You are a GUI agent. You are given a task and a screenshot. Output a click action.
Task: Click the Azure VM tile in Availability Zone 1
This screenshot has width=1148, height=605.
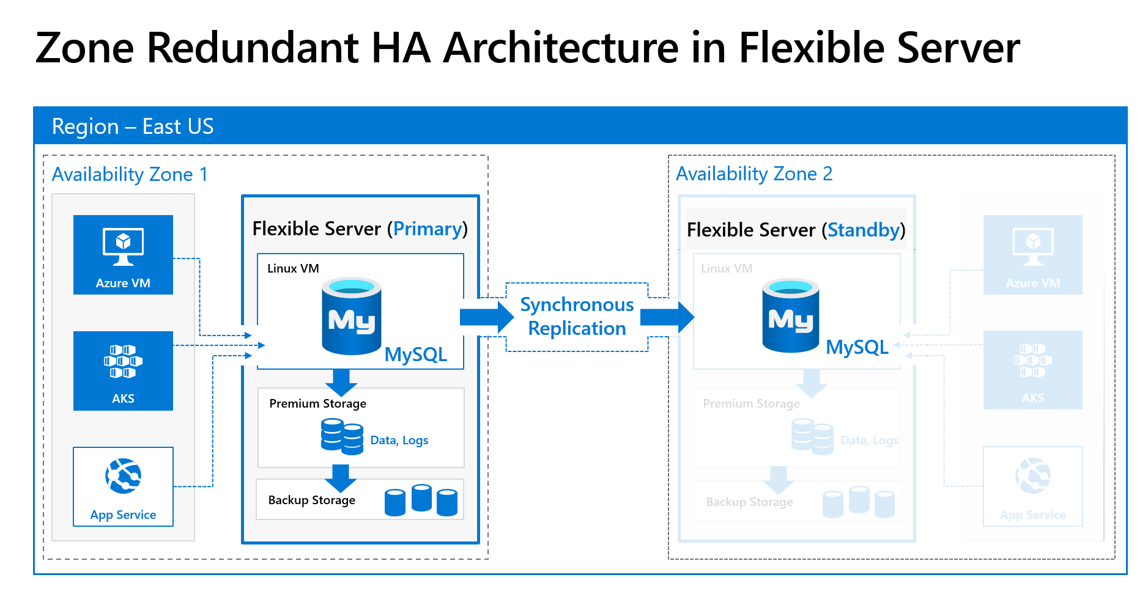click(x=123, y=254)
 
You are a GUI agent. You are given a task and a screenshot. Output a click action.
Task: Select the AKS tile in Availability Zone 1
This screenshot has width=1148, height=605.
click(x=123, y=370)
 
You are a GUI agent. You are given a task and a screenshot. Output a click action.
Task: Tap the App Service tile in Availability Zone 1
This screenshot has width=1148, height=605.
click(x=123, y=486)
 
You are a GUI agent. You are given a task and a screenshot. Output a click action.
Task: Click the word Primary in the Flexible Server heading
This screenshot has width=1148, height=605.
click(x=428, y=229)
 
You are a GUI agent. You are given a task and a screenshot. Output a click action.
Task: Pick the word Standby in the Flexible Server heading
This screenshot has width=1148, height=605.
click(x=863, y=230)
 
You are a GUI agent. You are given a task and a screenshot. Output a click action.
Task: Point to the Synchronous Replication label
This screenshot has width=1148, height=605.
click(x=576, y=317)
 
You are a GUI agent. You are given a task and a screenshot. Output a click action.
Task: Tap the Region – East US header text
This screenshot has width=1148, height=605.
click(x=133, y=127)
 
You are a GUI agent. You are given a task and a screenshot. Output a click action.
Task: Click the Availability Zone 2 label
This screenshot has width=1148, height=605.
click(x=754, y=174)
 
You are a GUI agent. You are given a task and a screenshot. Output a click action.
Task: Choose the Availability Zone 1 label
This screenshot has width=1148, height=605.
click(x=130, y=174)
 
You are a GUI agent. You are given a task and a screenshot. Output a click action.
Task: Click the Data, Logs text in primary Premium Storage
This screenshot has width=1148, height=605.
click(x=399, y=440)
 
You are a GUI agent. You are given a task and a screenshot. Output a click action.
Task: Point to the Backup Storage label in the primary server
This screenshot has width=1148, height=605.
click(x=311, y=500)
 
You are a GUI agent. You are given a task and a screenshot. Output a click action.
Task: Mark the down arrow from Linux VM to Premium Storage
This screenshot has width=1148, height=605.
click(x=341, y=382)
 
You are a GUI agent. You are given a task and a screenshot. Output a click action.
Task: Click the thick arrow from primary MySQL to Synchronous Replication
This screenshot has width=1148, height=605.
click(x=486, y=317)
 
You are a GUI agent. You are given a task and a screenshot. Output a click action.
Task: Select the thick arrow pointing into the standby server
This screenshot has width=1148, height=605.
click(x=667, y=317)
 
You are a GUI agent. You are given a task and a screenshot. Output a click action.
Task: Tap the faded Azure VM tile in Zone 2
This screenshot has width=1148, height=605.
click(x=1032, y=254)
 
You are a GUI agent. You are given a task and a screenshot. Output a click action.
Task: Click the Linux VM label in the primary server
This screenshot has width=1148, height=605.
click(x=293, y=268)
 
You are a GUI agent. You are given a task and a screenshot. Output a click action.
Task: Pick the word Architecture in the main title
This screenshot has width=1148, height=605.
click(x=561, y=48)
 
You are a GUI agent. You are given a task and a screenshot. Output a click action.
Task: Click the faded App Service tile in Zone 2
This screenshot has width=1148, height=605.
click(x=1032, y=486)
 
